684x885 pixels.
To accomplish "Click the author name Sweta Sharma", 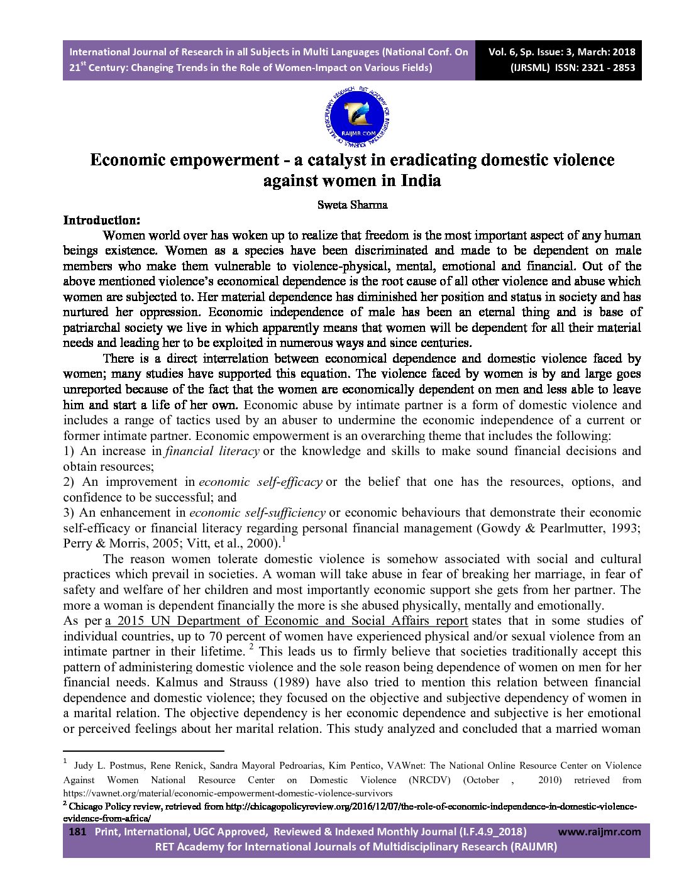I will pyautogui.click(x=352, y=205).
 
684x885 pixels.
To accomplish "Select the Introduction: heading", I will pyautogui.click(x=101, y=221).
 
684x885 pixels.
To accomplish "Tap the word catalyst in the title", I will pyautogui.click(x=331, y=160).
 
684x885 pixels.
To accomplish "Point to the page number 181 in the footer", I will pyautogui.click(x=77, y=832).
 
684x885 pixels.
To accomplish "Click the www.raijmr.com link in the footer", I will pyautogui.click(x=599, y=832).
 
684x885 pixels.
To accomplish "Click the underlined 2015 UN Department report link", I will pyautogui.click(x=287, y=621).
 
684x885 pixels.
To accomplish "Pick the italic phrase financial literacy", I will pyautogui.click(x=212, y=451).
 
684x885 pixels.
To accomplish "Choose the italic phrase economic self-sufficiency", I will pyautogui.click(x=257, y=513).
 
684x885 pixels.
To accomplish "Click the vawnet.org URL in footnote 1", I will pyautogui.click(x=228, y=794).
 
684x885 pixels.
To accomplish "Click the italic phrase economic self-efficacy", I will pyautogui.click(x=260, y=482).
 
